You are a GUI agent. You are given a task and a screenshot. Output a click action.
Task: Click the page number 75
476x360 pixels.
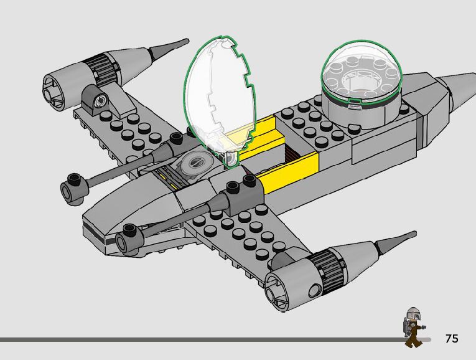coord(452,339)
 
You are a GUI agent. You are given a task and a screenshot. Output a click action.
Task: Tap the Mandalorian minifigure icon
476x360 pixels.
coord(413,327)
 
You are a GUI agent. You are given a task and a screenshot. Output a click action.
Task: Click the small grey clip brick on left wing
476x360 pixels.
coord(93,100)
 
